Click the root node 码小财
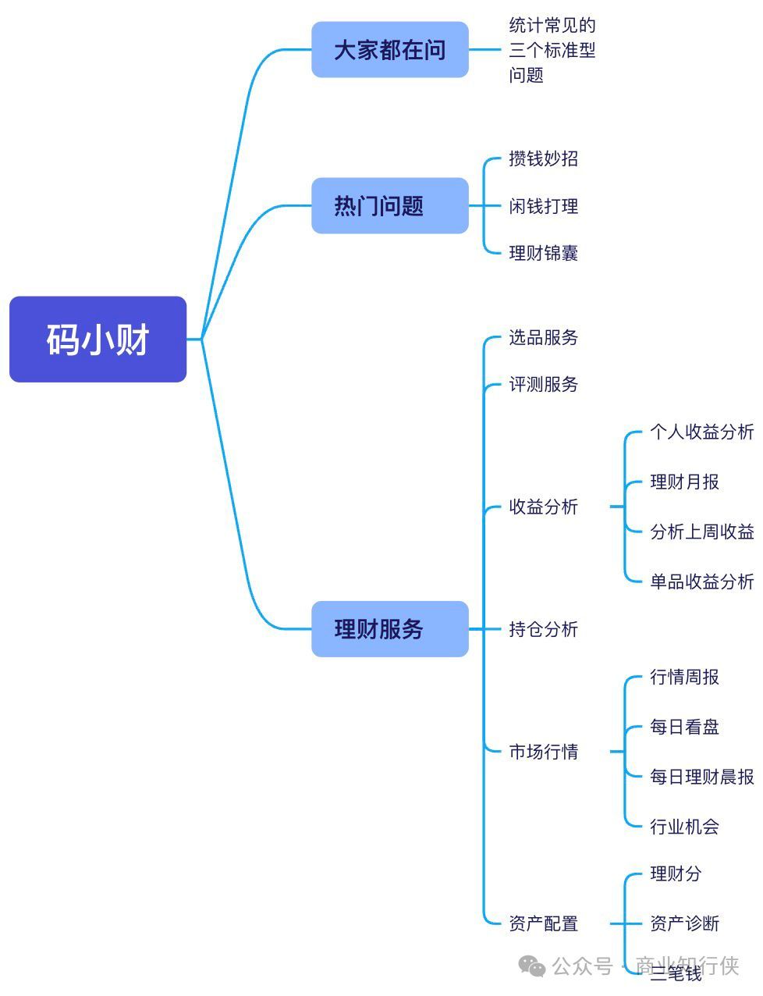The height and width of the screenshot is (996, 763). [98, 340]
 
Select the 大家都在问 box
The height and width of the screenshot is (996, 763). [389, 50]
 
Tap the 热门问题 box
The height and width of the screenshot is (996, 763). [389, 206]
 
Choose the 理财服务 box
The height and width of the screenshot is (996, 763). [389, 629]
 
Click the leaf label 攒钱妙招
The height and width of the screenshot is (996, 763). [543, 159]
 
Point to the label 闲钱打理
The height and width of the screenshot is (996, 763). [543, 207]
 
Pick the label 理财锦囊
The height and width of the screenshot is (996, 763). [543, 253]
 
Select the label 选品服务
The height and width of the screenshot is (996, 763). [543, 338]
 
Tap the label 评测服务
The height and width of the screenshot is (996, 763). [543, 385]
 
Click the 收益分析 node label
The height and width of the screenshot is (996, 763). [543, 507]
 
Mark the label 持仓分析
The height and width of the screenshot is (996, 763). [543, 629]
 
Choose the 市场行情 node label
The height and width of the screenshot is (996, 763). [543, 752]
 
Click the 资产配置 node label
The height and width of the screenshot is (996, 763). [543, 924]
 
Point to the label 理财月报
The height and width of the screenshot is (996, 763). [684, 482]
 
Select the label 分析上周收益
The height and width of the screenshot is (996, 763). [701, 532]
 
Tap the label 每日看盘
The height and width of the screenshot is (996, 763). [684, 727]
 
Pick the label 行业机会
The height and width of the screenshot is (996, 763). [684, 827]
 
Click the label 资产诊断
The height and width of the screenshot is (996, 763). [684, 924]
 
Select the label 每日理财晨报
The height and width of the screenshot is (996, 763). [701, 777]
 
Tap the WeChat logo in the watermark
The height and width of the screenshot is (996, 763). [533, 967]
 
